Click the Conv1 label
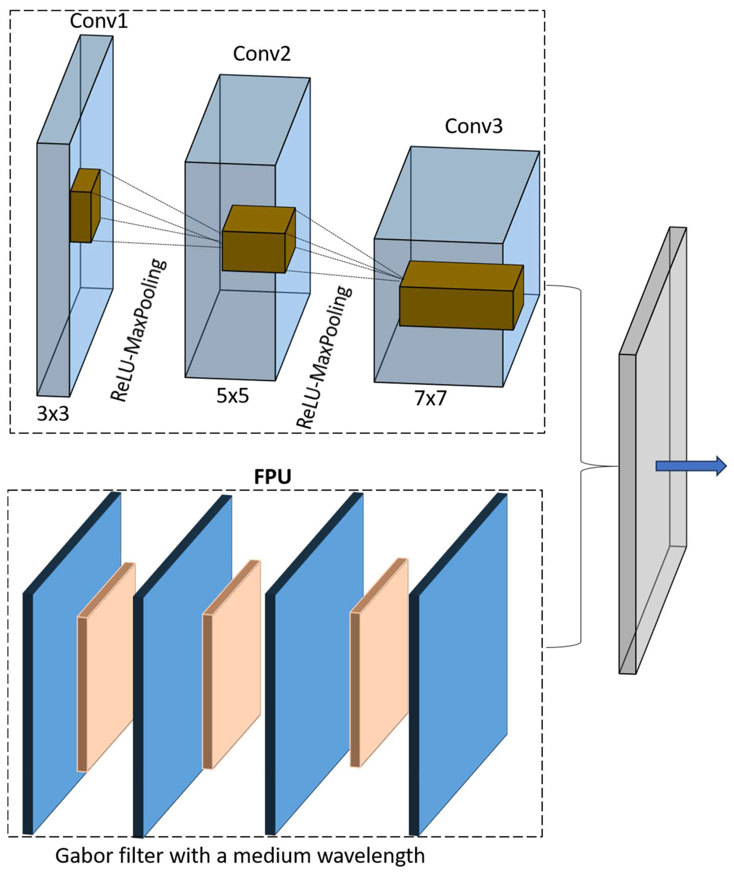[x=99, y=21]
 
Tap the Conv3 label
[x=474, y=126]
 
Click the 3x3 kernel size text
[x=53, y=414]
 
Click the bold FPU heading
[x=272, y=477]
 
